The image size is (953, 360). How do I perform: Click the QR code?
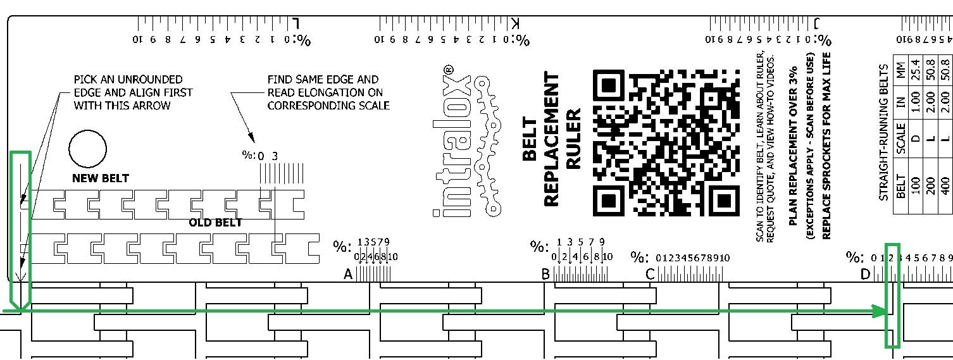point(666,142)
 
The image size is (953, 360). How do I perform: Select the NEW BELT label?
point(100,178)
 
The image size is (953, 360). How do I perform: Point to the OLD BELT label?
point(215,223)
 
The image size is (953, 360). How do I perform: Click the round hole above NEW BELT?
point(87,149)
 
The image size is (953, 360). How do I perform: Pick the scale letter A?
point(347,275)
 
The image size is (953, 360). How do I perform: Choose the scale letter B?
point(545,275)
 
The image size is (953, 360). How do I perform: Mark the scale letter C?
point(649,275)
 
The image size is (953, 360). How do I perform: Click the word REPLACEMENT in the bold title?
point(551,139)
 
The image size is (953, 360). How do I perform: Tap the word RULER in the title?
point(573,139)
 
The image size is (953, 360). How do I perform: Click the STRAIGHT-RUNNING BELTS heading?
point(884,132)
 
